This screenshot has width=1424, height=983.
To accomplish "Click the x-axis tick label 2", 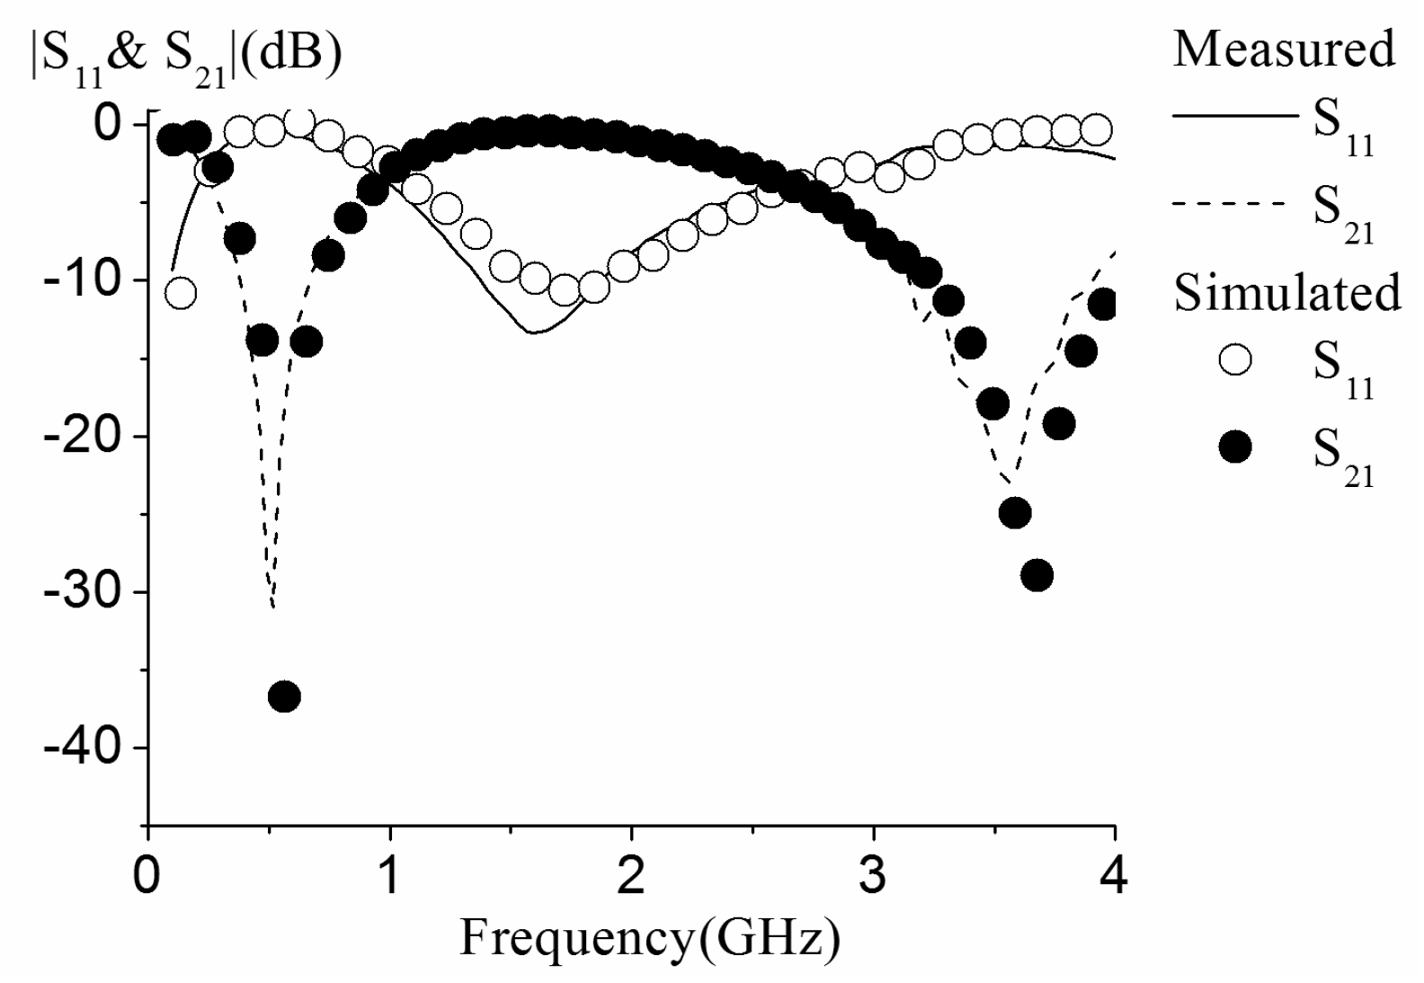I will point(631,877).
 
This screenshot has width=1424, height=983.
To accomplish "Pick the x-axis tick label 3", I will point(873,877).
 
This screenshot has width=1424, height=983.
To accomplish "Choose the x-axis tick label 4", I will point(1114,877).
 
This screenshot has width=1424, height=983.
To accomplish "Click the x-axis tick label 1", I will point(389,877).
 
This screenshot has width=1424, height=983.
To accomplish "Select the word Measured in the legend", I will point(1284,49).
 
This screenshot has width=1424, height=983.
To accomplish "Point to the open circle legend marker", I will point(1235,360).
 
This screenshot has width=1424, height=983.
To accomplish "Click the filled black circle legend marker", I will point(1235,447).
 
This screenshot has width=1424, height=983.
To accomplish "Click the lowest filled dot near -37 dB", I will point(284,696).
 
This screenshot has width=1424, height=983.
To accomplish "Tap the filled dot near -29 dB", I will point(1037,575).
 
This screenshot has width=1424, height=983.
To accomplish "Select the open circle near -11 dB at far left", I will point(181,293).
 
